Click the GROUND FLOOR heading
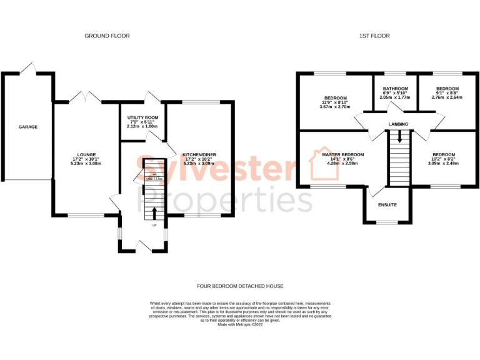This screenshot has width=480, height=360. pyautogui.click(x=107, y=36)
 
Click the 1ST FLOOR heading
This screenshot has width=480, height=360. pyautogui.click(x=374, y=36)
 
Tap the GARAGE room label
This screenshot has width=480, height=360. pyautogui.click(x=27, y=127)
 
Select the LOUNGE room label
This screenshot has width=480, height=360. pyautogui.click(x=86, y=153)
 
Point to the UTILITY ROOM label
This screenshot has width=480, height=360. pyautogui.click(x=142, y=117)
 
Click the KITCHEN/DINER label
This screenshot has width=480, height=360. pyautogui.click(x=199, y=154)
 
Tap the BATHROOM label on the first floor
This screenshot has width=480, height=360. pyautogui.click(x=395, y=89)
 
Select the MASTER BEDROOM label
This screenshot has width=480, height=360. pyautogui.click(x=342, y=154)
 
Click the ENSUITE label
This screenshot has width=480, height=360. pyautogui.click(x=387, y=205)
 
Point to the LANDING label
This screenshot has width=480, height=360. pyautogui.click(x=398, y=124)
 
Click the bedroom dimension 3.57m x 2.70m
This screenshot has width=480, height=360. pyautogui.click(x=336, y=107)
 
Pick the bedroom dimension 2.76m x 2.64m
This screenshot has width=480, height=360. pyautogui.click(x=447, y=97)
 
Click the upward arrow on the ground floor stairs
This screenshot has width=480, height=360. pyautogui.click(x=154, y=212)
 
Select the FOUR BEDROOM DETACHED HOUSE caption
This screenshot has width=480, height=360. pyautogui.click(x=239, y=286)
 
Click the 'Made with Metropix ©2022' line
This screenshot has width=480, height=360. pyautogui.click(x=239, y=325)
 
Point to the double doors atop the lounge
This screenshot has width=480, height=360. pyautogui.click(x=86, y=97)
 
